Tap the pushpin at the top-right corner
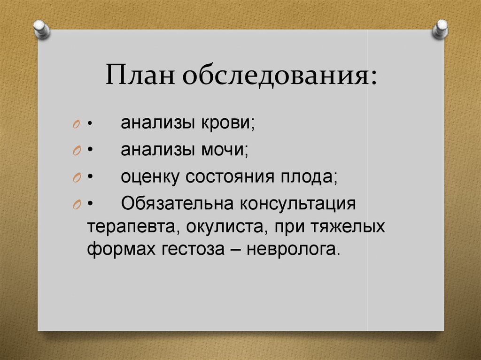(441, 29)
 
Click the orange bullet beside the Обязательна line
(77, 206)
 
